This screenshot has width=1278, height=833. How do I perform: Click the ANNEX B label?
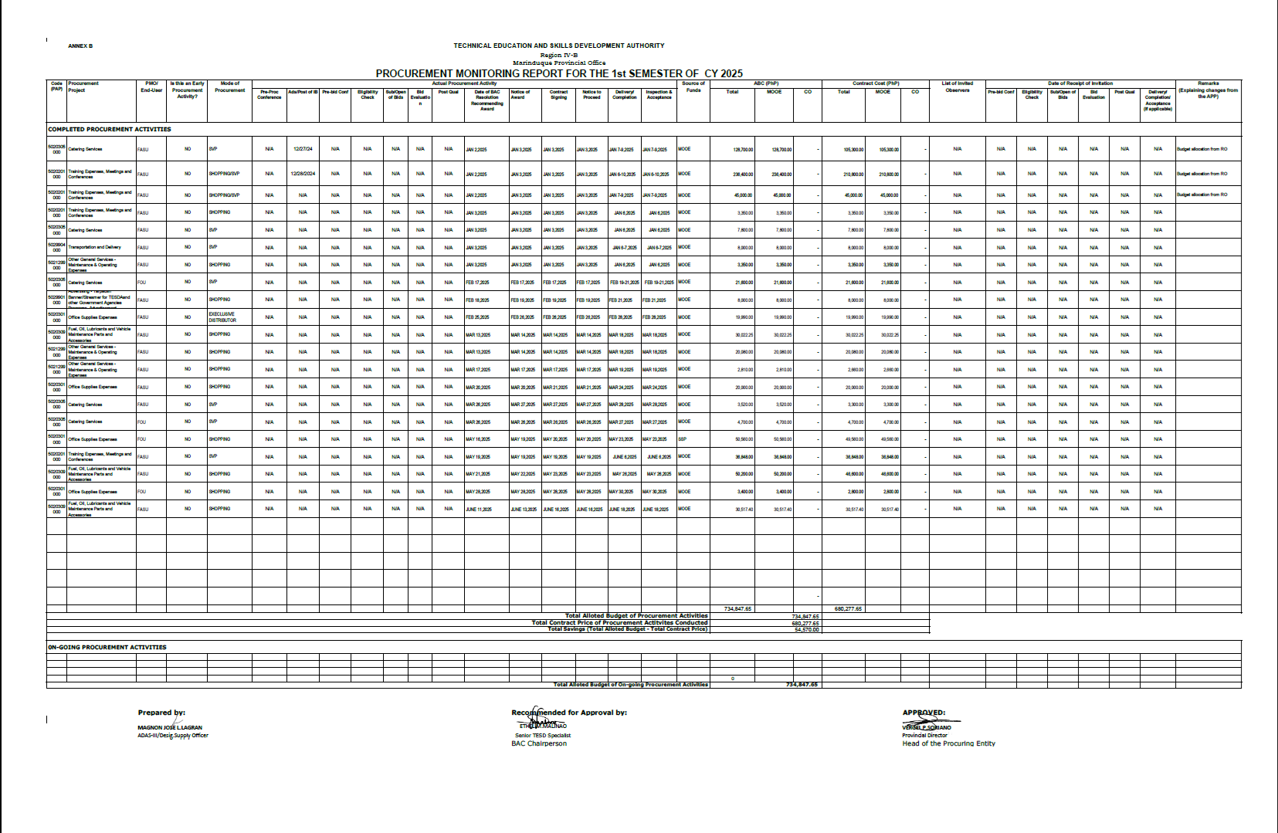(80, 46)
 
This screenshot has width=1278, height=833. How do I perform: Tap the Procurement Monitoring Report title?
(559, 73)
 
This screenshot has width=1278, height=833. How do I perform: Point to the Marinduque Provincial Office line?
(559, 63)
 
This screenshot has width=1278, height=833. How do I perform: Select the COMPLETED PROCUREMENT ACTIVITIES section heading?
(110, 129)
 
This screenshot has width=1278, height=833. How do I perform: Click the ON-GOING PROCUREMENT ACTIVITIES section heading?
(107, 647)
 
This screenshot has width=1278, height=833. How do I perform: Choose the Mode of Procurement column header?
(230, 86)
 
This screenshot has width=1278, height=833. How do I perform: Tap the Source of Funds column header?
(693, 86)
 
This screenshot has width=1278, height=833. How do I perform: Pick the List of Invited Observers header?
(958, 86)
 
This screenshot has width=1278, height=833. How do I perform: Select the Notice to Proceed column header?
(592, 94)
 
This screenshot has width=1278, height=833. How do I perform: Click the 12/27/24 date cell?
(303, 149)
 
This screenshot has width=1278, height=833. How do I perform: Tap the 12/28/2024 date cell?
(303, 174)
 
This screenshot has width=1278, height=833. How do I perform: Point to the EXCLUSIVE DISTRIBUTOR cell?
(222, 317)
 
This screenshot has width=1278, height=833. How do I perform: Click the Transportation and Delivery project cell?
(94, 247)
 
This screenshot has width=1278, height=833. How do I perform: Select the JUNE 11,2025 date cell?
(479, 510)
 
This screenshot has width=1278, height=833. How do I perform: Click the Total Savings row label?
(627, 629)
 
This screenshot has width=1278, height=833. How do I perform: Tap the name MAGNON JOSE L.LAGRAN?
(170, 727)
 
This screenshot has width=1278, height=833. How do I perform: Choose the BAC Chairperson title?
(539, 743)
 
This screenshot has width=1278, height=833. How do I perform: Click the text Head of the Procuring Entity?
(948, 743)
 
